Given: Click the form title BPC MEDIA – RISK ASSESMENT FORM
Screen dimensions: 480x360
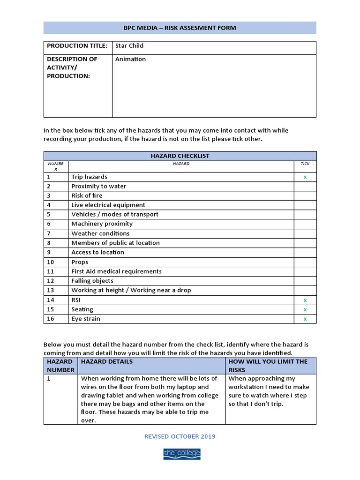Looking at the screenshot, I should (180, 28).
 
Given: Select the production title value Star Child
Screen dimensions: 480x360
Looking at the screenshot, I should (129, 46).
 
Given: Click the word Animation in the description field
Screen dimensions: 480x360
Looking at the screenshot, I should (130, 59).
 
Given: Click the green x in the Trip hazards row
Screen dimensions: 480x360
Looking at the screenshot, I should (305, 177).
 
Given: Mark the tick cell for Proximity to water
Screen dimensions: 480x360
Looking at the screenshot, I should (305, 186).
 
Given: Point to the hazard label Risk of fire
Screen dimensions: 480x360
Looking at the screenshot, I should (87, 195).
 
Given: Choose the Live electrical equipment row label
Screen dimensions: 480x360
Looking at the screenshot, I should (108, 205).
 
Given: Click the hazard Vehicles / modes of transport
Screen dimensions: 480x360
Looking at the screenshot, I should (115, 214).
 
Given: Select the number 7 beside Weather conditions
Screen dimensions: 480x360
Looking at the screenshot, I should (49, 233).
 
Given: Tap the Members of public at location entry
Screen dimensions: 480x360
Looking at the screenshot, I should (115, 243).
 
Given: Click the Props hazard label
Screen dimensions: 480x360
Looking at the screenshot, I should (80, 262).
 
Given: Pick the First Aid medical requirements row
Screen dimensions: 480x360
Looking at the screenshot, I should (116, 271).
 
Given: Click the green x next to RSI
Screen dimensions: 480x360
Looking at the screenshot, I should (305, 300).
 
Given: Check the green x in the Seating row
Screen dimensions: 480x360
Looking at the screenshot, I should (305, 309).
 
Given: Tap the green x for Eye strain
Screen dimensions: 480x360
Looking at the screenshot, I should (305, 319).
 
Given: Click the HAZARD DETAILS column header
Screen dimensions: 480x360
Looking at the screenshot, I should (107, 361).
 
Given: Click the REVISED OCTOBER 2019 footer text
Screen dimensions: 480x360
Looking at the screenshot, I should (180, 436).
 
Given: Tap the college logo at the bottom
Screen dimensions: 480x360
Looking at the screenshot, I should (181, 453).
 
